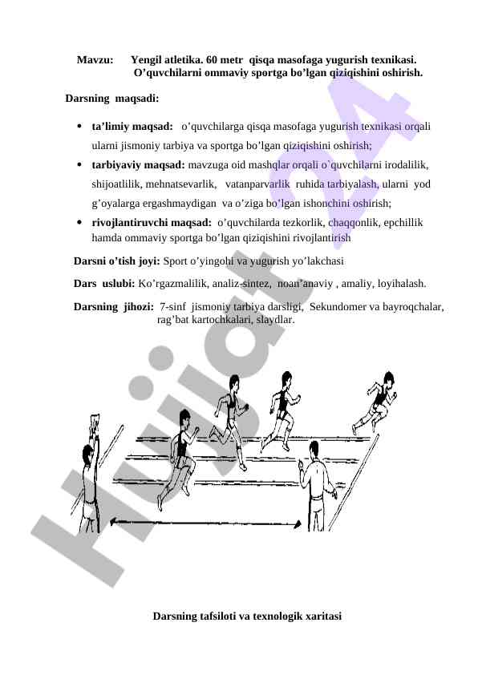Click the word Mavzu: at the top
(x=94, y=60)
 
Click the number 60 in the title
(x=213, y=60)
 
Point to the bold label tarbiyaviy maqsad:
(x=138, y=165)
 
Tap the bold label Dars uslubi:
(x=104, y=284)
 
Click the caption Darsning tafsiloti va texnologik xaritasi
(x=247, y=616)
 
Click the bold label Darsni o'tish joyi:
(x=117, y=261)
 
